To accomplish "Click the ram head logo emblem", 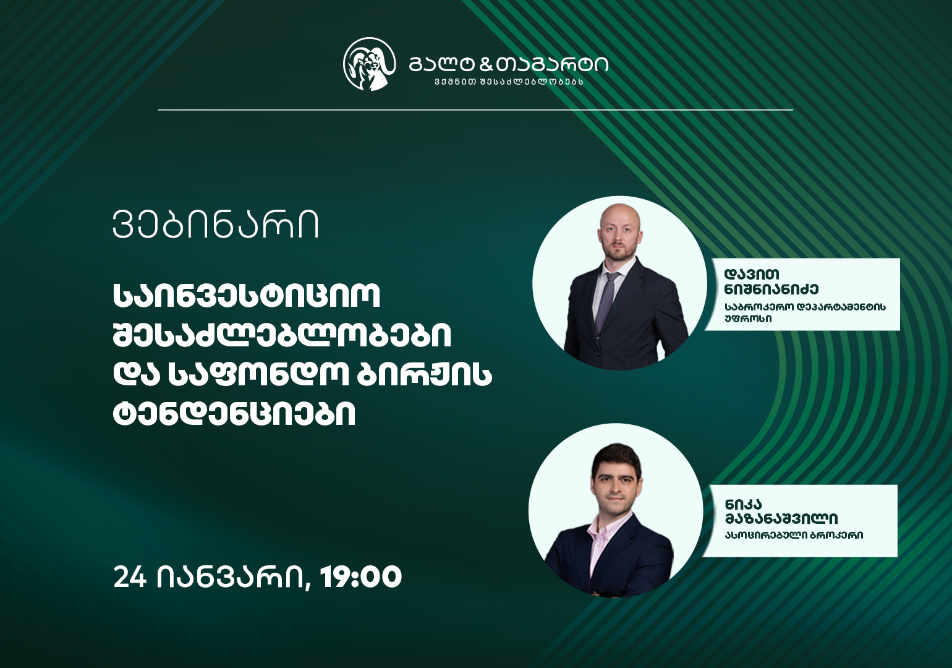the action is click(369, 64).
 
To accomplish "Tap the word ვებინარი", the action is click(216, 225).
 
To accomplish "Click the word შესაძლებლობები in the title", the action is click(282, 335).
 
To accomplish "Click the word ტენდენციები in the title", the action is click(234, 414).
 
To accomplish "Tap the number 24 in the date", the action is click(130, 577).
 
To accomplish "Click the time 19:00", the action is click(361, 577).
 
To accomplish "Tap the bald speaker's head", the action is click(619, 233).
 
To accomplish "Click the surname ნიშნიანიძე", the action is click(771, 289).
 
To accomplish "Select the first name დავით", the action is click(752, 274).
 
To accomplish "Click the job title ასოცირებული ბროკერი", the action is click(794, 535).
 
